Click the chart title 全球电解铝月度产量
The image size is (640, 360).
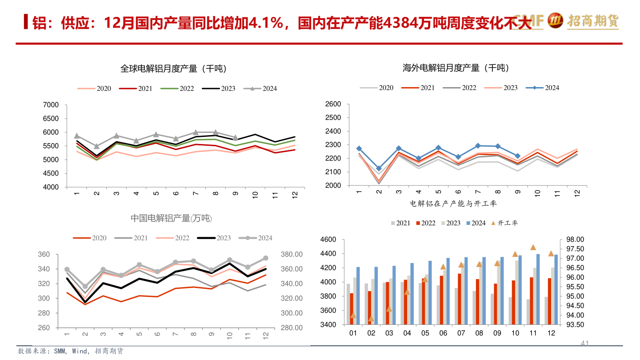coord(173,69)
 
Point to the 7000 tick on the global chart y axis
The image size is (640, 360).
coord(52,105)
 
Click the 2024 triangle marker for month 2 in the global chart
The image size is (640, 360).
coord(96,146)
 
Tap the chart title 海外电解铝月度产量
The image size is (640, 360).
coord(456,68)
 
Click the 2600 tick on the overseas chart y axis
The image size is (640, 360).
coord(333,104)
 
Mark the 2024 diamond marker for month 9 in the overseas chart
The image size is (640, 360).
coord(518,156)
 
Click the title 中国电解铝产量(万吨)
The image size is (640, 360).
coord(171,218)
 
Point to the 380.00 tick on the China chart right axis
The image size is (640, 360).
coord(292,255)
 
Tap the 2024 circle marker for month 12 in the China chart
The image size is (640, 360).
coord(266,258)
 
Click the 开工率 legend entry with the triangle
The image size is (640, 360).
coord(504,223)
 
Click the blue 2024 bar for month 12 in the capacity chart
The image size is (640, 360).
coord(556,289)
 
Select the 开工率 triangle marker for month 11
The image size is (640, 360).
coord(533,247)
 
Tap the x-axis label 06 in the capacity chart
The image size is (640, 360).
coord(443,333)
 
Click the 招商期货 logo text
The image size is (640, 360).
coord(593,20)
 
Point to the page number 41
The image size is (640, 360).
coord(585,343)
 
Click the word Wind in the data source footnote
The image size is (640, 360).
coord(80,351)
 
